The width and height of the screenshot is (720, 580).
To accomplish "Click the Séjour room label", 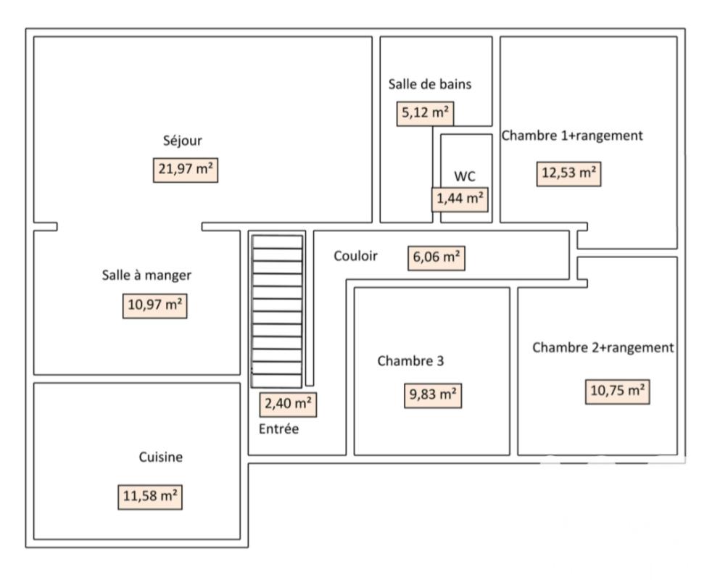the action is point(182,141).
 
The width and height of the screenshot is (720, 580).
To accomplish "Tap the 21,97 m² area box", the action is point(186,170).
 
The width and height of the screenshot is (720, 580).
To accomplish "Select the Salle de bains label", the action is point(430,84).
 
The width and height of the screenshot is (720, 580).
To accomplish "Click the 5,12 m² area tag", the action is point(425,113).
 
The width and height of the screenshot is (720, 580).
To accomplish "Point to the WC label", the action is point(465,176).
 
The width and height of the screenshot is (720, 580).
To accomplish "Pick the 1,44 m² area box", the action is point(460,199).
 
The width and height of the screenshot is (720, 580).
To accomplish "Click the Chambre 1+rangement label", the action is point(572,136).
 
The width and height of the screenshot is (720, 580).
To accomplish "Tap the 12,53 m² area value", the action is point(569,173).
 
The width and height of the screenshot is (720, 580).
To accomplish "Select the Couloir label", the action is point(355,256).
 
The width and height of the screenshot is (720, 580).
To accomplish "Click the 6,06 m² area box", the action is point(436,257).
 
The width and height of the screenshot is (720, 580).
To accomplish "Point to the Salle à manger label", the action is point(146,275).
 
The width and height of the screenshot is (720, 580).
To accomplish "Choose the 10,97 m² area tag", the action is point(154,305).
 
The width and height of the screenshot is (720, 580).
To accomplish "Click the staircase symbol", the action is point(278,311).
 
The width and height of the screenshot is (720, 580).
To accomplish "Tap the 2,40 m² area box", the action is point(288,405).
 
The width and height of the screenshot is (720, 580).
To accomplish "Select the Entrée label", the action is point(278,429).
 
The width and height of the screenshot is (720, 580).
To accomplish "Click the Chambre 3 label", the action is point(410,361).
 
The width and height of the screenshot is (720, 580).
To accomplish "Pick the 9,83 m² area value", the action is point(433,395).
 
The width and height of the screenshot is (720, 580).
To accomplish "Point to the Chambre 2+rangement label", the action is point(603,347).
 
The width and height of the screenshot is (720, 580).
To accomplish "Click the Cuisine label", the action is point(161,457).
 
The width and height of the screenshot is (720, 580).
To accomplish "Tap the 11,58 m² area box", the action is point(150,497).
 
